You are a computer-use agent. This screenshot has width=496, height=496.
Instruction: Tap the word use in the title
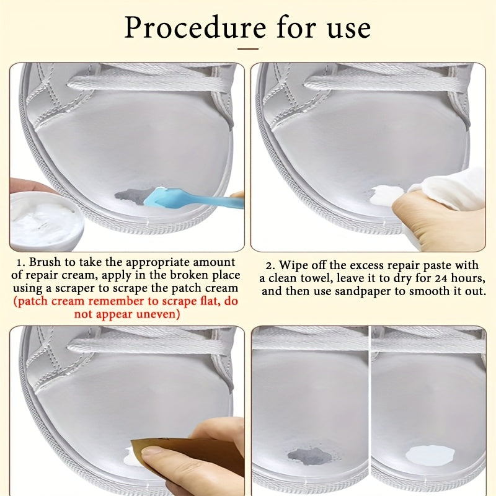[x=349, y=29]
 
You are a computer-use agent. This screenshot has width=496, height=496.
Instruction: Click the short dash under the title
[x=248, y=49]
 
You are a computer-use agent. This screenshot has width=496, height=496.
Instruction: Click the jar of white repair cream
[x=46, y=221]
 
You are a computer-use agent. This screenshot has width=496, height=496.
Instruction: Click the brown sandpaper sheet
[x=187, y=455]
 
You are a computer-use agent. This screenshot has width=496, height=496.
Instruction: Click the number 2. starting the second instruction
[x=271, y=265]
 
